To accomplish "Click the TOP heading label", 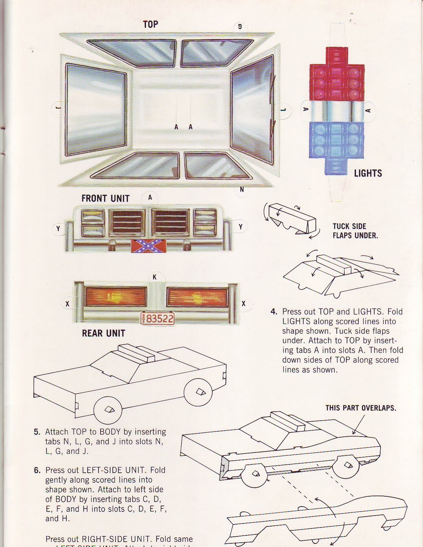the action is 150,24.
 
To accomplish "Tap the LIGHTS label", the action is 368,173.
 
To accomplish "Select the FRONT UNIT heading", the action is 105,198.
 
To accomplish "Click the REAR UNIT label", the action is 103,333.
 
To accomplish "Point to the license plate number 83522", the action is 158,319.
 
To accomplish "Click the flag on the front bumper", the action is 149,246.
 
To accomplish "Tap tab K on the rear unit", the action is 155,277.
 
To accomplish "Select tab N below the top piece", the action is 242,189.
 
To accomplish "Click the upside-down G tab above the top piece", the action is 240,27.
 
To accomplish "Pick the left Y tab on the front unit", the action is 58,228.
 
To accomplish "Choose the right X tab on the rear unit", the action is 243,304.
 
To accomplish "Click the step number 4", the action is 274,312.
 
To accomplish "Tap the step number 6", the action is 37,470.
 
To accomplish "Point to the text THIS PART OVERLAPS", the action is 360,408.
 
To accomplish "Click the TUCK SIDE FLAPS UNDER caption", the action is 355,231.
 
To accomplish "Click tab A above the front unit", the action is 150,198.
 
